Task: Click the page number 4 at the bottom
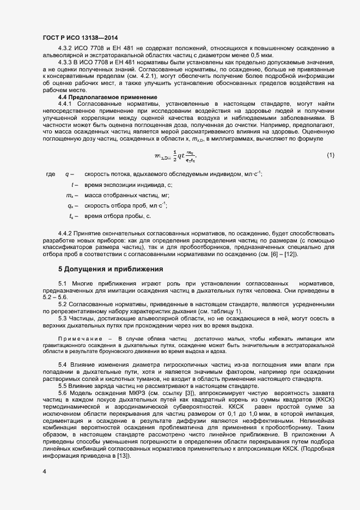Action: [44, 471]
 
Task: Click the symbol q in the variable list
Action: [67, 174]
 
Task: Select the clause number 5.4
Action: [63, 364]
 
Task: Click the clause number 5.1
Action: [63, 284]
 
